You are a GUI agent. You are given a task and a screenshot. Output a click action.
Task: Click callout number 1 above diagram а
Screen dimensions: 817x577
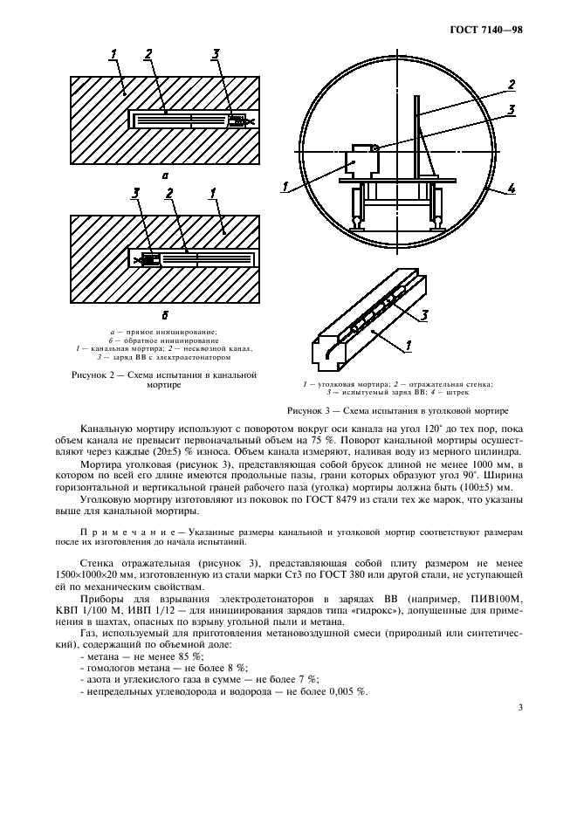(x=113, y=57)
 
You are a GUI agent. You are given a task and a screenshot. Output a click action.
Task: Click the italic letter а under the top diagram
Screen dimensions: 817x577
(x=165, y=175)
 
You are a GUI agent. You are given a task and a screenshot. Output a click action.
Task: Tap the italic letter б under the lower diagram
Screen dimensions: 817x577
(x=165, y=313)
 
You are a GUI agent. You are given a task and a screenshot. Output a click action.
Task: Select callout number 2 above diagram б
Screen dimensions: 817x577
(x=169, y=193)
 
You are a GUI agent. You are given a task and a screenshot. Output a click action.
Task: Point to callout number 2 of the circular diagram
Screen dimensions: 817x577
(x=512, y=85)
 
